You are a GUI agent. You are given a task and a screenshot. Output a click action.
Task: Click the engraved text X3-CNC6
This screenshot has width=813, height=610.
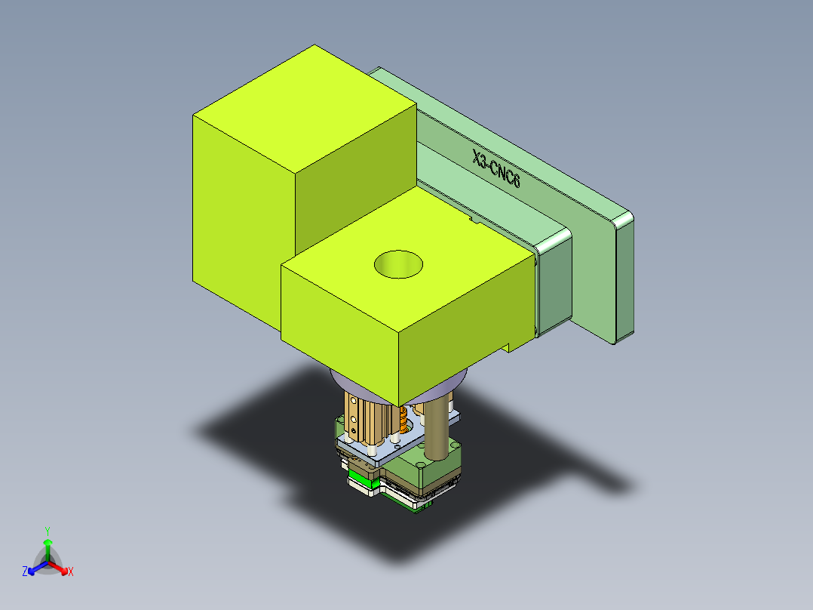click(496, 171)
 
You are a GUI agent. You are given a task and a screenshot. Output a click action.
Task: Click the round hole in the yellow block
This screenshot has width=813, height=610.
click(398, 263)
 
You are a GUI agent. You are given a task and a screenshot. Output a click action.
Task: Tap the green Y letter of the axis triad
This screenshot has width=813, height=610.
click(47, 531)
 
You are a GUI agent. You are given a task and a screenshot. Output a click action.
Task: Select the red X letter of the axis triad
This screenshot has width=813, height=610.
click(71, 571)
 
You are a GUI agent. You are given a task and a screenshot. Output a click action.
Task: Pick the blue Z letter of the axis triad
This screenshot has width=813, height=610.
click(25, 571)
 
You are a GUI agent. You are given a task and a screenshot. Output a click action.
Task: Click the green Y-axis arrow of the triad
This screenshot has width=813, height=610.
click(47, 547)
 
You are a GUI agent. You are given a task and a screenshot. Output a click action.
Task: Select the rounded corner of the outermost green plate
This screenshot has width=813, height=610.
click(624, 219)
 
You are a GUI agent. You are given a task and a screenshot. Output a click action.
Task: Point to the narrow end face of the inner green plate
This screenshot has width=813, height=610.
click(555, 287)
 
